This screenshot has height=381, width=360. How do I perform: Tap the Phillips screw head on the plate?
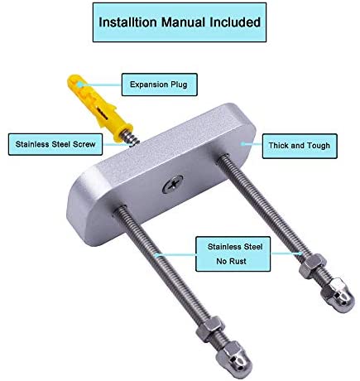click(173, 184)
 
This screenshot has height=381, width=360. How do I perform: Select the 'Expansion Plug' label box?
click(160, 84)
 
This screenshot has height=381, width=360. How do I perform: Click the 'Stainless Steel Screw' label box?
click(55, 144)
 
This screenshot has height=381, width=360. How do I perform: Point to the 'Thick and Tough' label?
click(300, 146)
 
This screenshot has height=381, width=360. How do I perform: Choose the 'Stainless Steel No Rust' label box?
click(233, 253)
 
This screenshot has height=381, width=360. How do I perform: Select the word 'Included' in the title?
click(235, 22)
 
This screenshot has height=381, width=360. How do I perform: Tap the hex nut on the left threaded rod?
click(209, 328)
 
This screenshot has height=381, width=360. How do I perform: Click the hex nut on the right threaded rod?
click(313, 266)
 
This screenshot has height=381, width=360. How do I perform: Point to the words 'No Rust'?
click(231, 261)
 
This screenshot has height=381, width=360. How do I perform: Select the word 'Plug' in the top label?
click(179, 84)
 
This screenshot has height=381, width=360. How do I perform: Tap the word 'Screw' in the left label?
click(84, 144)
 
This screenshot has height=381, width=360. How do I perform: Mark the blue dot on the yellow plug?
click(79, 84)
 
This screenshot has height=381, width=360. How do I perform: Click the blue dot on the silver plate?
click(242, 143)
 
